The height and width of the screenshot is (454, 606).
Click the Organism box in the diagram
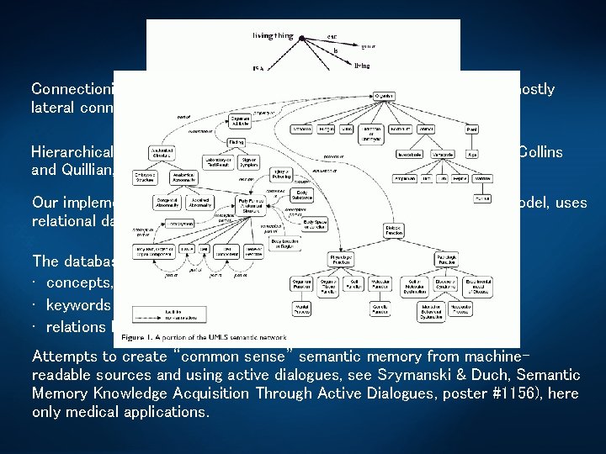(x=384, y=97)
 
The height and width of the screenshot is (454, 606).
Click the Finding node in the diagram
(x=237, y=142)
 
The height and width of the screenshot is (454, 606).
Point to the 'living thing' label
(x=273, y=36)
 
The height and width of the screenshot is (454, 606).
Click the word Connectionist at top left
(x=71, y=89)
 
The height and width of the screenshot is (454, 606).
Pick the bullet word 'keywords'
(x=79, y=304)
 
